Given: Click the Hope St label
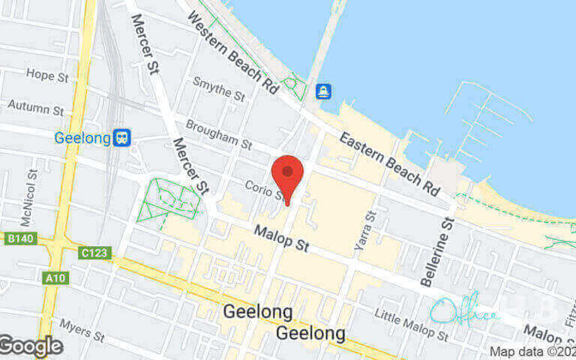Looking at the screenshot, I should point(46,74).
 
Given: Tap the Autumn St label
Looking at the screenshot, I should point(36,108).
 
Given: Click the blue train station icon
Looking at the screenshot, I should point(122,138).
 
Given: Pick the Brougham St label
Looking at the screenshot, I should point(218,135).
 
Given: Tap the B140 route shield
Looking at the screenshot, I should point(19,238).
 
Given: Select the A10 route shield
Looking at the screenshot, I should point(54,276).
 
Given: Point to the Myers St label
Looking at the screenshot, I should point(82,331).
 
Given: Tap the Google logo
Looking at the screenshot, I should point(31,346).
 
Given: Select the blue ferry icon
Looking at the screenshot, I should point(324,91).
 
